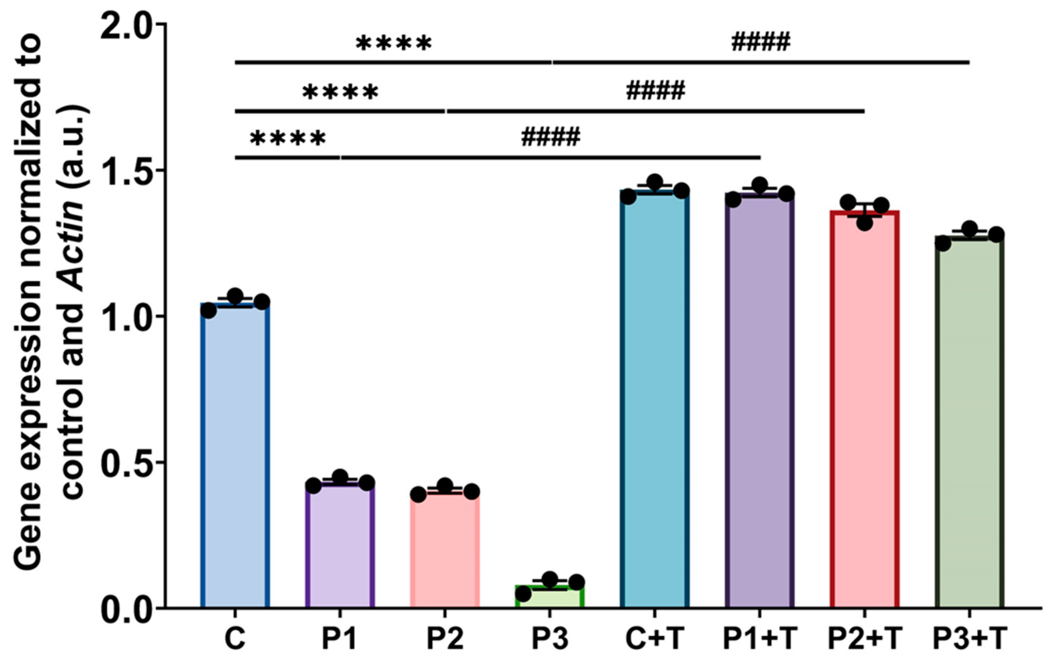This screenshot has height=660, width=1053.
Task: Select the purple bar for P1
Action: pos(340,546)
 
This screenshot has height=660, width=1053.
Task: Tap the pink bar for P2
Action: pos(445,550)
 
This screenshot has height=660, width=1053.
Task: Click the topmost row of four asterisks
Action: pos(394,44)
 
